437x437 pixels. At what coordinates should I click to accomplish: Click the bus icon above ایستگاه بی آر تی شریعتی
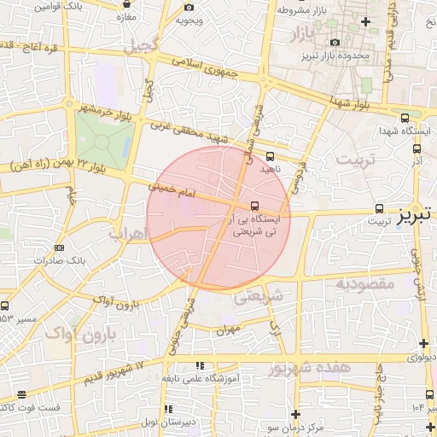(x=255, y=206)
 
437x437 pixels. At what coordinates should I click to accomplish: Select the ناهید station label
(x=271, y=169)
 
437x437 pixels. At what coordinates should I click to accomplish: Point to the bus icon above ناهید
(x=271, y=156)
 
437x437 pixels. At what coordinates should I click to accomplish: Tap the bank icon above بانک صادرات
(x=59, y=248)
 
